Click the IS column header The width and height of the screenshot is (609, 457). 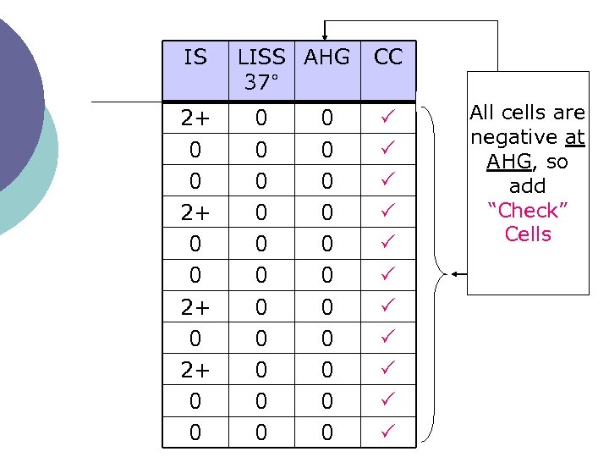click(195, 58)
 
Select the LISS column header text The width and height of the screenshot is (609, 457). click(261, 58)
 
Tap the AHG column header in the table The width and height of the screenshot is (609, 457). click(326, 58)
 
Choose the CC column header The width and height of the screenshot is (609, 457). click(388, 58)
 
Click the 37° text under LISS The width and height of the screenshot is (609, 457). click(261, 83)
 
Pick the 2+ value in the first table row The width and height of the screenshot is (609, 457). click(195, 118)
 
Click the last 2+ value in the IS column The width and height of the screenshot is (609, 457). click(195, 370)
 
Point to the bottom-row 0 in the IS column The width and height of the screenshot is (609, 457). click(195, 432)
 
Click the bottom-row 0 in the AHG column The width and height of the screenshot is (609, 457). click(326, 432)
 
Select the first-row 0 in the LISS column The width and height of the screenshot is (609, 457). click(261, 118)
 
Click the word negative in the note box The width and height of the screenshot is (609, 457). click(512, 137)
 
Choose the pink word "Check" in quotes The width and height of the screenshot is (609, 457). click(529, 210)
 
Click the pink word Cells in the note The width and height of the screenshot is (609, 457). click(528, 234)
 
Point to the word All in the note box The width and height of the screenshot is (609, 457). click(483, 113)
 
